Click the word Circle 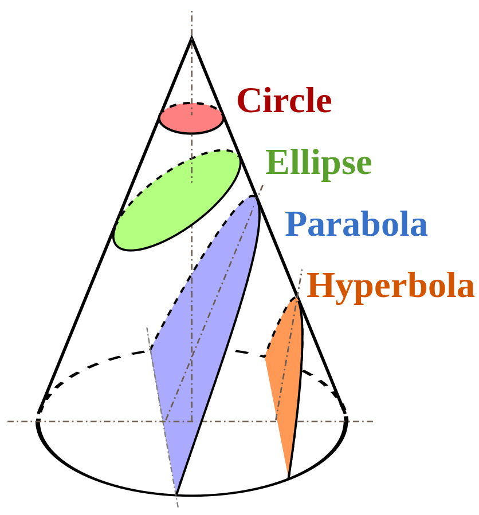(x=284, y=101)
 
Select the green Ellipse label (x=319, y=164)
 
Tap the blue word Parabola (x=356, y=224)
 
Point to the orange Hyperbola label (x=391, y=286)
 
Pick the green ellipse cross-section (x=176, y=200)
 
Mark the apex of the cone (x=191, y=37)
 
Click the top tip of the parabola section (x=254, y=196)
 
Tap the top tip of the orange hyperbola (x=297, y=297)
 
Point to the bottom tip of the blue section (x=176, y=493)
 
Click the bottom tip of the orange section (x=288, y=476)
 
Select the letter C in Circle (x=248, y=101)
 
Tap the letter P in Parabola (x=295, y=224)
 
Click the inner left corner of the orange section (x=265, y=357)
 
